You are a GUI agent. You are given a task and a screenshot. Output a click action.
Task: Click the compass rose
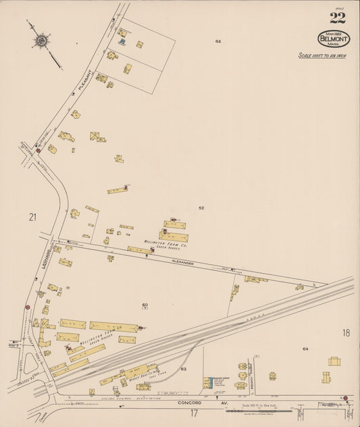pos(41,41)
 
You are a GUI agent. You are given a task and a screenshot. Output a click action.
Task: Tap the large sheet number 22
pos(337,18)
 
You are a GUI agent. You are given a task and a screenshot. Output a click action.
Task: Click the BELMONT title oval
pos(334,39)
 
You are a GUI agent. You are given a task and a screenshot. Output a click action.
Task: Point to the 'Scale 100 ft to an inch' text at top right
pos(322,56)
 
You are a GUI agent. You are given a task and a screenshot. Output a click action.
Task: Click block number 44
pos(218,41)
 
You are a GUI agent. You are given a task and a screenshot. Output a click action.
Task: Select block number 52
pos(201,208)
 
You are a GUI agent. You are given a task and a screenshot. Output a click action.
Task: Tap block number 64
pos(305,349)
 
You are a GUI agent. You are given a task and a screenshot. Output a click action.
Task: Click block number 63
pos(183,369)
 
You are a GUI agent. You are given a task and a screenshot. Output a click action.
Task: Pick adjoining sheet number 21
pos(32,217)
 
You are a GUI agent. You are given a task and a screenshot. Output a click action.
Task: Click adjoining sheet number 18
pos(346,332)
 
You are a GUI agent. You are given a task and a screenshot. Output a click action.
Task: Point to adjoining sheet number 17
pos(194,412)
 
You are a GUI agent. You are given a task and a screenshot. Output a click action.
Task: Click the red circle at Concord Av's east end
pos(344,398)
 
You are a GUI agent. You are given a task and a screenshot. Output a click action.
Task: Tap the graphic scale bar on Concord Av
pos(260,410)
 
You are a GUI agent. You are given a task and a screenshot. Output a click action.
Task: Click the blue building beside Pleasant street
pos(122,42)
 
